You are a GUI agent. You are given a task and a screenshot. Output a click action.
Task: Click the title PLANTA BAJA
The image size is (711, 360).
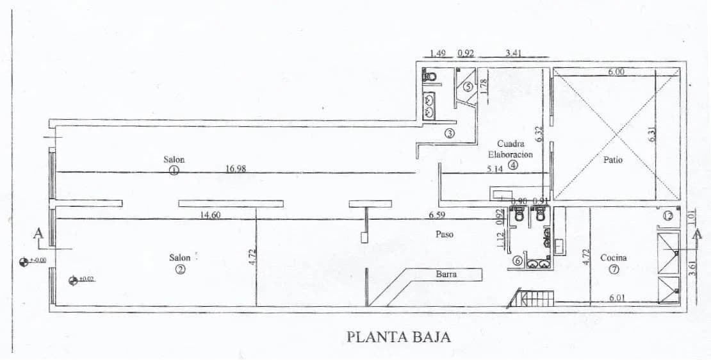(398, 336)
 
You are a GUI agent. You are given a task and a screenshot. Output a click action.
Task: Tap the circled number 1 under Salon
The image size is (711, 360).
(174, 170)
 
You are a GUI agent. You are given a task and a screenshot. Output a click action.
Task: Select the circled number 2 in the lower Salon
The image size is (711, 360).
(180, 270)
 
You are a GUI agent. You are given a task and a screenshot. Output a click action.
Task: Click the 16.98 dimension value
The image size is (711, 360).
(236, 169)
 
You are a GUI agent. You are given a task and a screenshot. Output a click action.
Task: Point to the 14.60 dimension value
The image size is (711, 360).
(210, 215)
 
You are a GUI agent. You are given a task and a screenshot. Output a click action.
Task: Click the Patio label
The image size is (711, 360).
(612, 160)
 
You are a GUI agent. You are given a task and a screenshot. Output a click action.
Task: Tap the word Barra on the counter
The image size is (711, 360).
(446, 274)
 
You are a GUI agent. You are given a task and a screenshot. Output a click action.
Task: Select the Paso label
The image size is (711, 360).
(444, 234)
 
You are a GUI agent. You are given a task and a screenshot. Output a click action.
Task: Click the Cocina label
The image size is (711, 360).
(613, 258)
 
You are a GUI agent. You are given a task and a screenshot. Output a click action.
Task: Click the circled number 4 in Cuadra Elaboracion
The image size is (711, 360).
(512, 165)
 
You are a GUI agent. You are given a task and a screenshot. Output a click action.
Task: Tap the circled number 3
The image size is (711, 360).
(449, 133)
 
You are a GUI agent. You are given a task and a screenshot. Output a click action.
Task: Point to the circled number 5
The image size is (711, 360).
(468, 86)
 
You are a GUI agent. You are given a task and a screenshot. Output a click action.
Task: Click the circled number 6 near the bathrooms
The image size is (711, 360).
(517, 261)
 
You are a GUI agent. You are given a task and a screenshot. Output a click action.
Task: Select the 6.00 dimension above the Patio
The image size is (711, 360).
(616, 72)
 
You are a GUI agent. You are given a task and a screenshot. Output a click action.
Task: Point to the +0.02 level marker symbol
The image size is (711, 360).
(72, 279)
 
